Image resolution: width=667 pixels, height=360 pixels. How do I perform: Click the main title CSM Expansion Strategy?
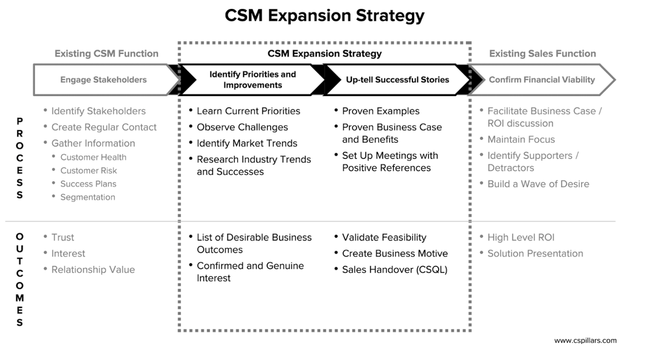pyautogui.click(x=325, y=15)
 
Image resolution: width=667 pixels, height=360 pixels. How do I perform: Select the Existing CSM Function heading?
pyautogui.click(x=106, y=54)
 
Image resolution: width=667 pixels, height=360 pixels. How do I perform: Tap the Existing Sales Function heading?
pyautogui.click(x=542, y=54)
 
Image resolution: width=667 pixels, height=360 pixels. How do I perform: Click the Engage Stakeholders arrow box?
pyautogui.click(x=103, y=80)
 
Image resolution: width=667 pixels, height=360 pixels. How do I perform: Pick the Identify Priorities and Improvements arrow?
pyautogui.click(x=252, y=80)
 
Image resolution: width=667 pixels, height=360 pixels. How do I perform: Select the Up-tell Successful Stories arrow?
pyautogui.click(x=397, y=80)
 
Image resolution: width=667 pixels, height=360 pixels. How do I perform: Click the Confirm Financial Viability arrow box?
pyautogui.click(x=541, y=80)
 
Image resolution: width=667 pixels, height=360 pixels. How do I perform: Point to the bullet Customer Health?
pyautogui.click(x=93, y=158)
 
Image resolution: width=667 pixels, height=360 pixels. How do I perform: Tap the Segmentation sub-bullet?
pyautogui.click(x=87, y=197)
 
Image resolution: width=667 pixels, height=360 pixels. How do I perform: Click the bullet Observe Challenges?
pyautogui.click(x=242, y=128)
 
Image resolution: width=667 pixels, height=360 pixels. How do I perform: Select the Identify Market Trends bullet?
pyautogui.click(x=247, y=144)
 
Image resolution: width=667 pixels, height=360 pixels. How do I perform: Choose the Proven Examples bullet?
pyautogui.click(x=380, y=112)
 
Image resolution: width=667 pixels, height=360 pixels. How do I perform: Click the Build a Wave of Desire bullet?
pyautogui.click(x=538, y=184)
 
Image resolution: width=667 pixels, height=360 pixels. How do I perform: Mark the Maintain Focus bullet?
pyautogui.click(x=521, y=140)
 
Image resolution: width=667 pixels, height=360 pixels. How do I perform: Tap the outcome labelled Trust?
pyautogui.click(x=62, y=238)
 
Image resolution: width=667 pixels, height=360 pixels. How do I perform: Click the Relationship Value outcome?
pyautogui.click(x=93, y=270)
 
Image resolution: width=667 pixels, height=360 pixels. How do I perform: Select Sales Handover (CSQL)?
pyautogui.click(x=394, y=270)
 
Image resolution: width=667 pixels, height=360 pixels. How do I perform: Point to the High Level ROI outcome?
pyautogui.click(x=520, y=238)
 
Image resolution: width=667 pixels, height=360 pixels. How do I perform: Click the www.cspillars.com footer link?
pyautogui.click(x=585, y=341)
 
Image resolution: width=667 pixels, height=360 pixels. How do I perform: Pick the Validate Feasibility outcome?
pyautogui.click(x=384, y=238)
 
